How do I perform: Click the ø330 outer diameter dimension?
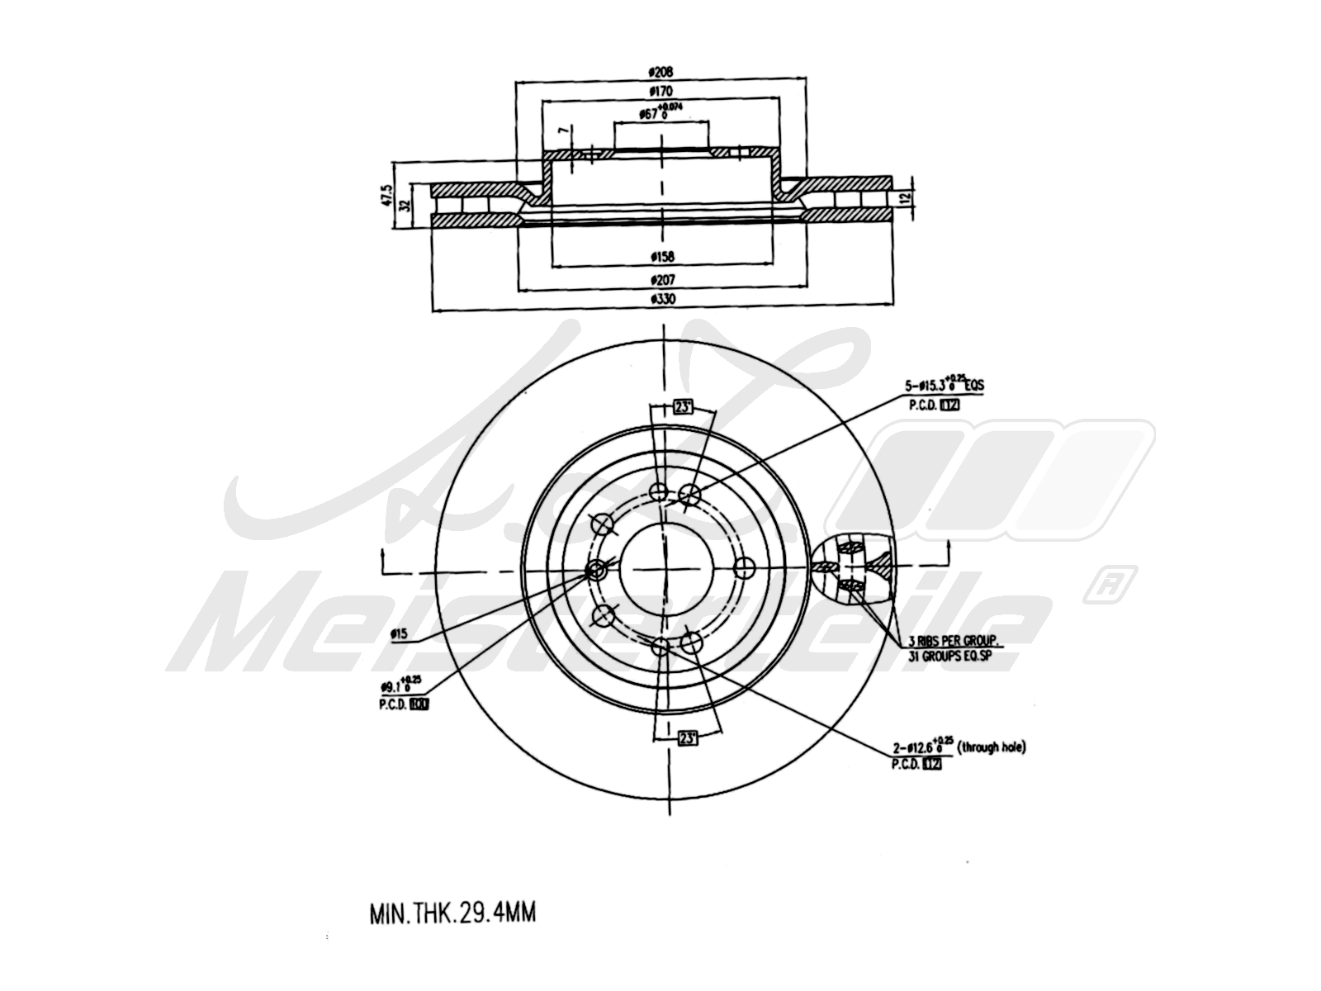(662, 300)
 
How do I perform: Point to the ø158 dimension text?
(662, 257)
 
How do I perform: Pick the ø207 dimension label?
(662, 279)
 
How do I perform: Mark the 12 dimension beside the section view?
(905, 198)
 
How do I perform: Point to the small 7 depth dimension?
(562, 132)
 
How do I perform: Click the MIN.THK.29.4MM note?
(452, 914)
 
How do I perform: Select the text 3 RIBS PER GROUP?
(954, 641)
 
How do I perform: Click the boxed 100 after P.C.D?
(419, 704)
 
